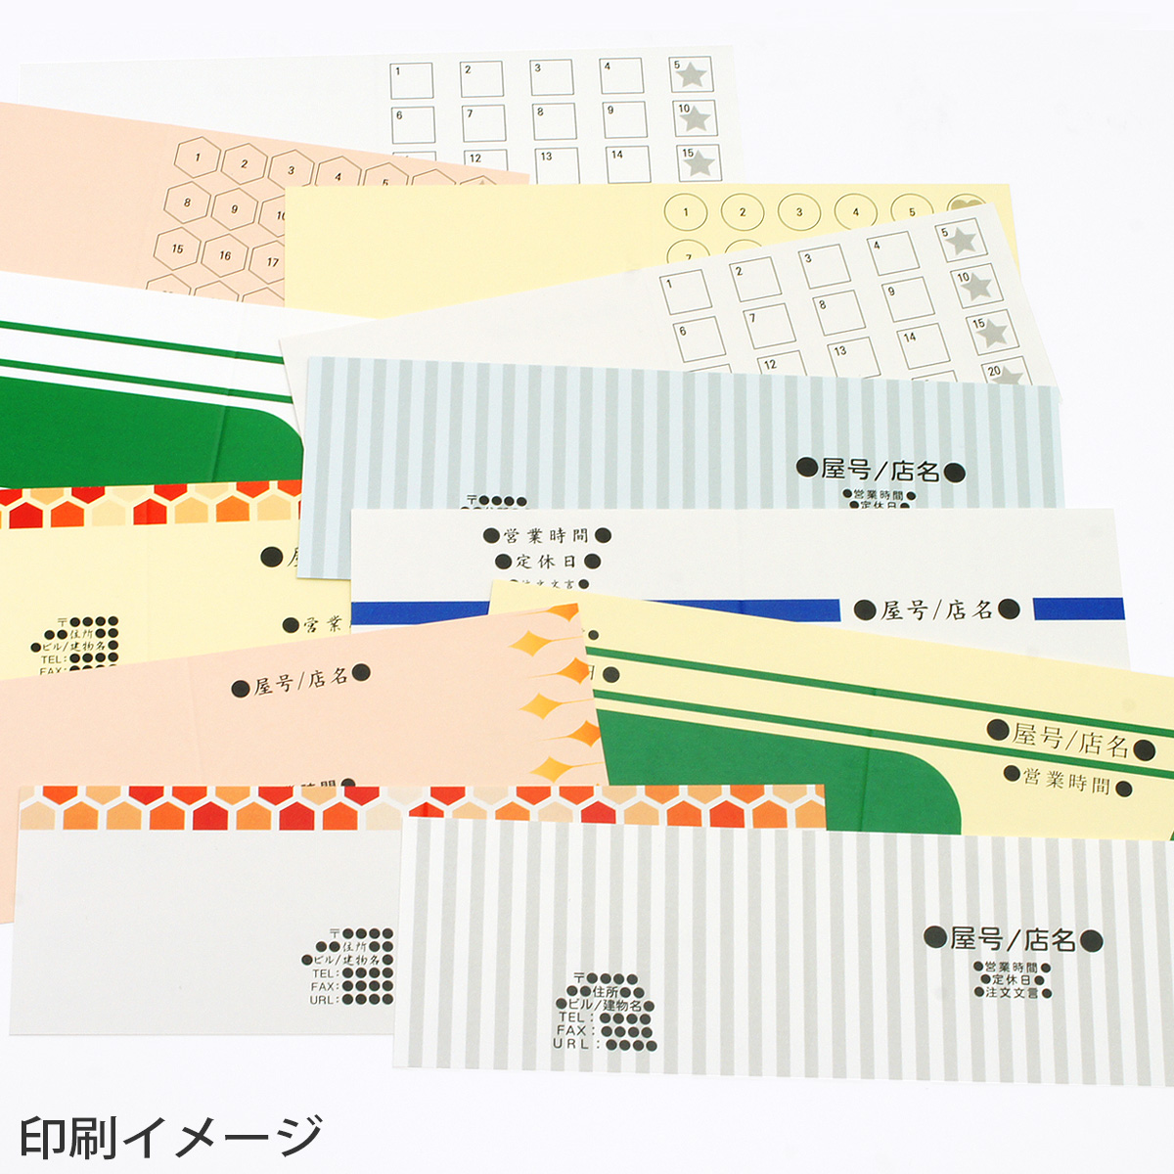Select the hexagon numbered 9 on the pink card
tap(234, 209)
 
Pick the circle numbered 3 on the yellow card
tap(799, 211)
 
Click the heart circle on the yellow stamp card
tap(966, 208)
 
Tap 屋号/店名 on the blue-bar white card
tap(936, 610)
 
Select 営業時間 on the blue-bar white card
tap(546, 535)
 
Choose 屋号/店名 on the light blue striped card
tap(880, 471)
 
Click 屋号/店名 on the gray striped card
tap(1013, 940)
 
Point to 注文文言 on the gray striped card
tap(1012, 992)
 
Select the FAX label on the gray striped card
tap(571, 1030)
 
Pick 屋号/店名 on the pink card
tap(300, 681)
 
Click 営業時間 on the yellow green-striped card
tap(1066, 783)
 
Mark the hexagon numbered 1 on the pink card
tap(200, 157)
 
